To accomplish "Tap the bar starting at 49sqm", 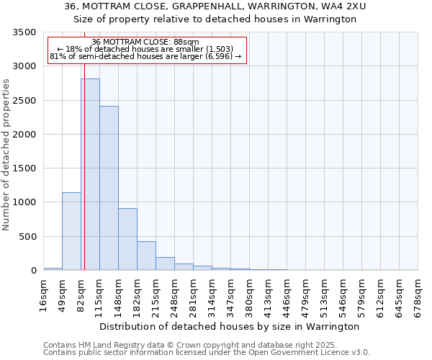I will click(x=71, y=231).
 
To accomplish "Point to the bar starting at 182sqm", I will click(x=146, y=256).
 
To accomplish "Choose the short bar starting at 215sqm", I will click(x=165, y=264).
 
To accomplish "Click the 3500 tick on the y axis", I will click(x=24, y=33).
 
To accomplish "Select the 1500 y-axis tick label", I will click(x=24, y=168).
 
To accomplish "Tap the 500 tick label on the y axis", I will click(x=27, y=237).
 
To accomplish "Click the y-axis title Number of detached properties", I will click(x=7, y=155).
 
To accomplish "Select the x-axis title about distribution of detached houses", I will click(x=229, y=326).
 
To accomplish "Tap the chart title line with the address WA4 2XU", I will click(x=215, y=6).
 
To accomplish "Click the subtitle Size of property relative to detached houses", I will click(x=215, y=19).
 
